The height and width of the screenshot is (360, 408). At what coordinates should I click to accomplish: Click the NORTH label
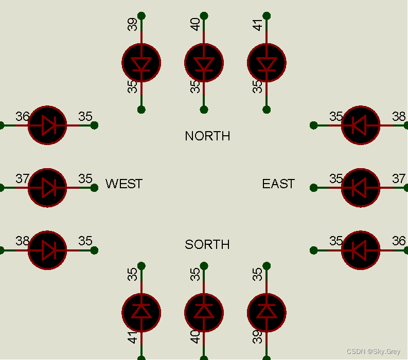pyautogui.click(x=207, y=136)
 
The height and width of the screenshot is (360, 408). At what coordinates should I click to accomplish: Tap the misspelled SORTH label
pyautogui.click(x=207, y=244)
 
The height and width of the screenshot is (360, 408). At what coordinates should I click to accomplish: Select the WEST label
pyautogui.click(x=124, y=184)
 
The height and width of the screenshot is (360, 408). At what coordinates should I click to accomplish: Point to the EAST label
pyautogui.click(x=278, y=184)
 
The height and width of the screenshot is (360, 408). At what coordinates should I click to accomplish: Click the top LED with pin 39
pyautogui.click(x=141, y=63)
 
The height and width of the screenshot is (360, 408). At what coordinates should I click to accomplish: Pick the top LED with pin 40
pyautogui.click(x=204, y=63)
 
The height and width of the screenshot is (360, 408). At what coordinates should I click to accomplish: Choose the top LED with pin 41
pyautogui.click(x=267, y=63)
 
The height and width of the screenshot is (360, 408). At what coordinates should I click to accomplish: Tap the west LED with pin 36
pyautogui.click(x=47, y=125)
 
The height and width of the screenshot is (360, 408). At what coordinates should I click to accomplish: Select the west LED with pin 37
pyautogui.click(x=47, y=188)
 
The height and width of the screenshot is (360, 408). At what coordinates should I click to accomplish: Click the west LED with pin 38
pyautogui.click(x=47, y=250)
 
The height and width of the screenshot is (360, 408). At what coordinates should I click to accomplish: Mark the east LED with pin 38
pyautogui.click(x=361, y=125)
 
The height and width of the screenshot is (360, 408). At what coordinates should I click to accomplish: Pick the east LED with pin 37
pyautogui.click(x=361, y=188)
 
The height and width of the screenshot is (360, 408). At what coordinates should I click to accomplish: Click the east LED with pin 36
pyautogui.click(x=361, y=250)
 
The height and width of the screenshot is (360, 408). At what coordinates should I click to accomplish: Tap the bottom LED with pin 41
pyautogui.click(x=141, y=312)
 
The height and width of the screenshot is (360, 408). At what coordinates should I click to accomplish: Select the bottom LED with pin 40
pyautogui.click(x=204, y=312)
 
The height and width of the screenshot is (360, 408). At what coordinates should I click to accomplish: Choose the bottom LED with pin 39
pyautogui.click(x=267, y=312)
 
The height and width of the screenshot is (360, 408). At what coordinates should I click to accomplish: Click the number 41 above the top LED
pyautogui.click(x=258, y=24)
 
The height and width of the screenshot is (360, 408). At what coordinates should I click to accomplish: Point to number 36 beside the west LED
pyautogui.click(x=22, y=116)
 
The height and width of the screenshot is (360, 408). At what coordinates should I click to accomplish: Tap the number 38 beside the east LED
pyautogui.click(x=399, y=116)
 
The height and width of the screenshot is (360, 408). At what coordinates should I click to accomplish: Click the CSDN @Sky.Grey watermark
pyautogui.click(x=373, y=352)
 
